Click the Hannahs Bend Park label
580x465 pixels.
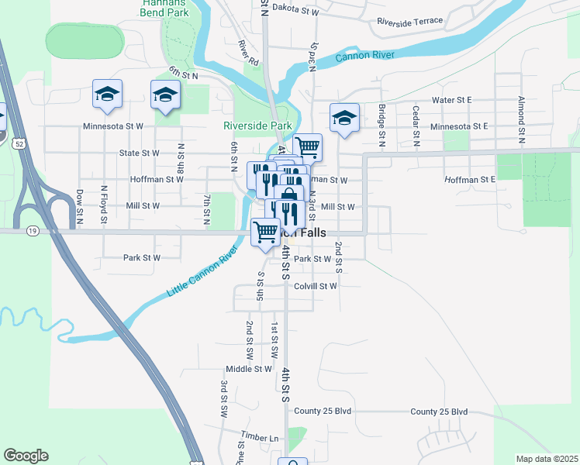[167, 8]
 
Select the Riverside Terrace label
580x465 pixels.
[410, 21]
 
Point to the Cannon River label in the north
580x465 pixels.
[365, 56]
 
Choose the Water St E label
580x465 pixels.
[452, 100]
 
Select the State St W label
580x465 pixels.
[140, 153]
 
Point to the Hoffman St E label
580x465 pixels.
[470, 179]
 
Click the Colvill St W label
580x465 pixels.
[316, 286]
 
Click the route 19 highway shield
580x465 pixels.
[32, 231]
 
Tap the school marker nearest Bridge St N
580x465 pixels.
[344, 119]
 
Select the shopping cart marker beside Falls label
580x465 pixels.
[266, 231]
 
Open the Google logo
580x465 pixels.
[26, 456]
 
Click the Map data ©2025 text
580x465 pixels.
[546, 459]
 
